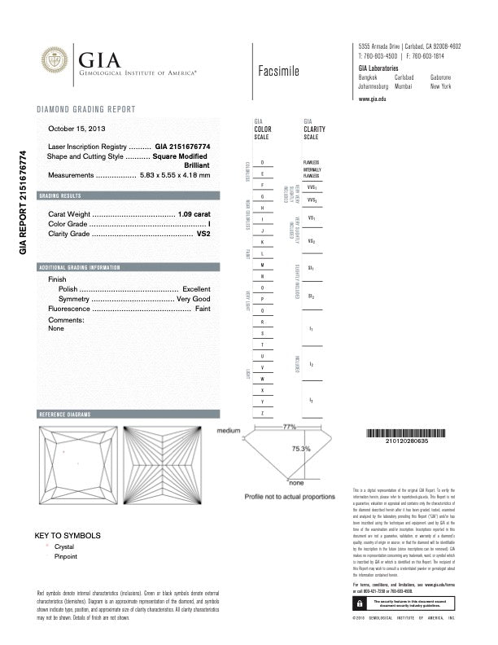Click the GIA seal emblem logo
[x=55, y=59]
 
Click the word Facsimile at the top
[x=277, y=72]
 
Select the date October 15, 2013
[x=76, y=129]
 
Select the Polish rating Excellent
[x=196, y=289]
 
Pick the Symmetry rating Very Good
[x=194, y=300]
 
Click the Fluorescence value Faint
[x=203, y=310]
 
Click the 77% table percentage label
[x=288, y=427]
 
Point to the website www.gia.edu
[x=372, y=99]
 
